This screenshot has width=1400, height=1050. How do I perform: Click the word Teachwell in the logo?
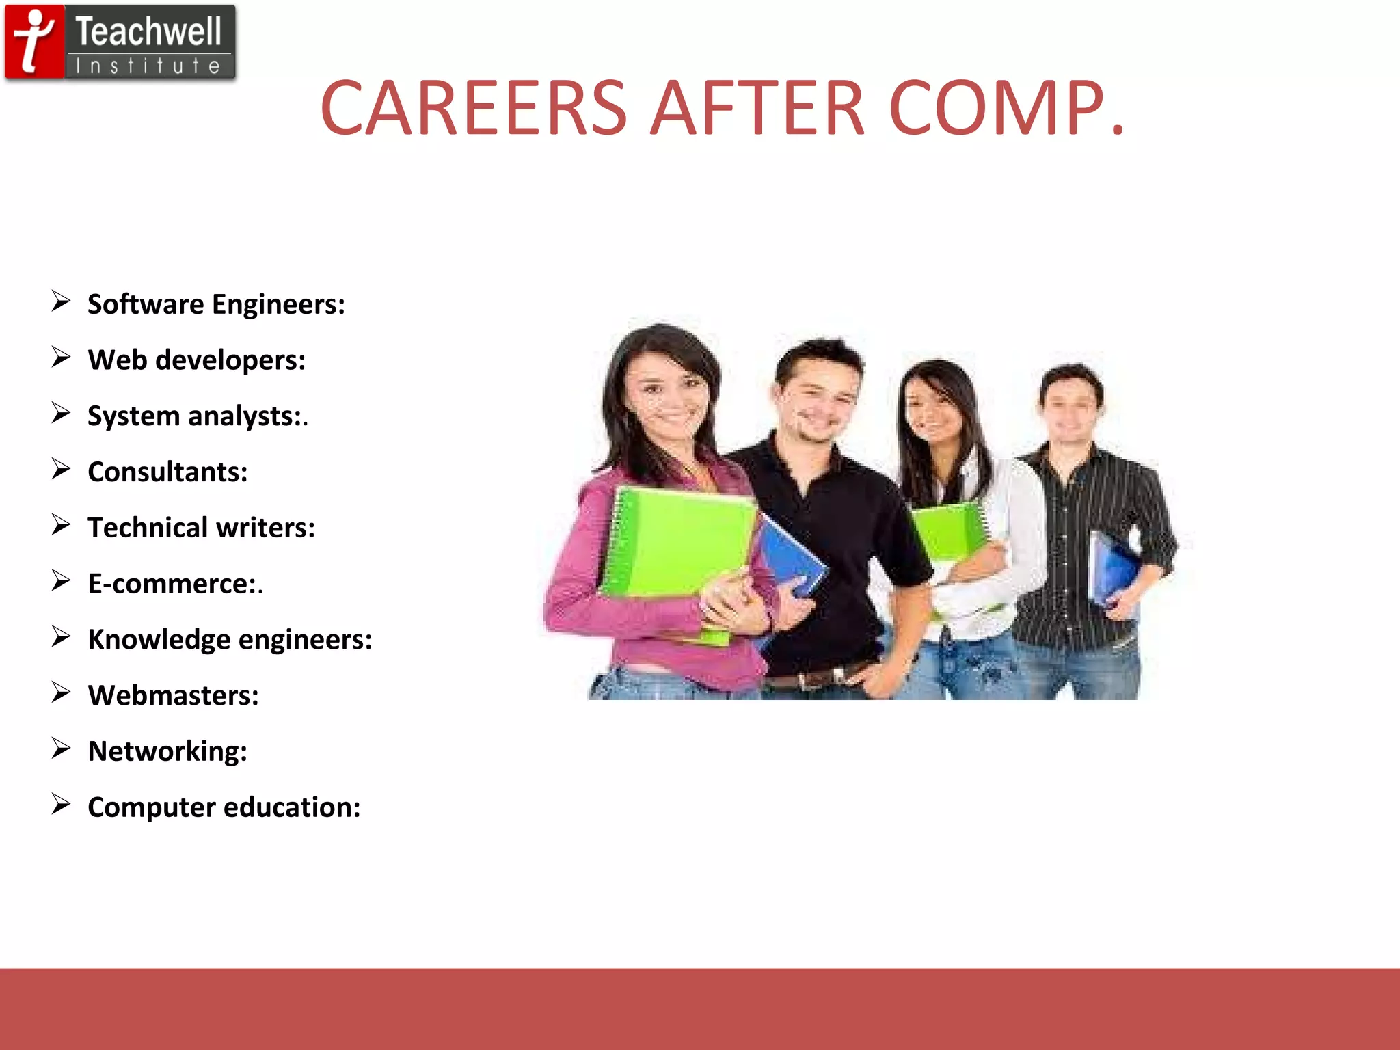point(148,32)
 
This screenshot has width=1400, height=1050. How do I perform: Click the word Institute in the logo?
point(148,66)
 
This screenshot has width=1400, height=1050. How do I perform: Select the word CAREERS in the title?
point(473,108)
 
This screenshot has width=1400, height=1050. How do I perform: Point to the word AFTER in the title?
point(757,108)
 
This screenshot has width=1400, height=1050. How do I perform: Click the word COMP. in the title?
point(1006,108)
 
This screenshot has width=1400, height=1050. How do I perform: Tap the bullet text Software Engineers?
point(216,304)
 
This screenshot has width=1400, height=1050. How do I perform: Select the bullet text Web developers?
point(197,360)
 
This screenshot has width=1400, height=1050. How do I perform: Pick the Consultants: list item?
point(167,472)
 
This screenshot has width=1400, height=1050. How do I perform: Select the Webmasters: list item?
point(174,696)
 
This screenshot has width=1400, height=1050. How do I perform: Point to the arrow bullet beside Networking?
point(61,749)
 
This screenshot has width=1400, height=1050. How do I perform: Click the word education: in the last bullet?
point(292,807)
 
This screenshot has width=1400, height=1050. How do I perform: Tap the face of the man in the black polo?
point(818,403)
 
